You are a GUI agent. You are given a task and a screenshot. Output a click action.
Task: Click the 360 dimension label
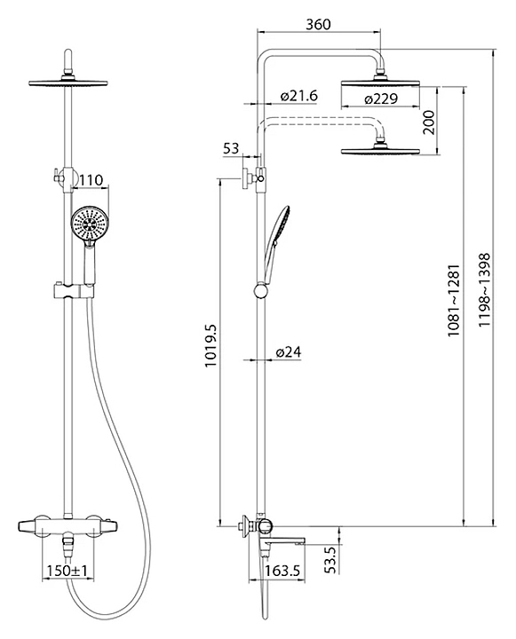coord(318,25)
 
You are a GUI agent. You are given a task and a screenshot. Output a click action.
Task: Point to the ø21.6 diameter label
coord(298,96)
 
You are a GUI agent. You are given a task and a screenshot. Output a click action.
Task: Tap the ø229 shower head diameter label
coord(381,99)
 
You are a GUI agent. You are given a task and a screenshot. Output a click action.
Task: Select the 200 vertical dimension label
coord(429,122)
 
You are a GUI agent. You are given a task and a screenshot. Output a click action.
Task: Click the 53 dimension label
coord(231,148)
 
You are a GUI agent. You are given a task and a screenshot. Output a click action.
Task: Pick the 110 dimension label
coord(91,179)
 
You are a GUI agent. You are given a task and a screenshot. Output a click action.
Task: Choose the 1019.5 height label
coord(210,346)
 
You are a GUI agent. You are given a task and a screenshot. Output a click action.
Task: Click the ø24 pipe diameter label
coord(289,351)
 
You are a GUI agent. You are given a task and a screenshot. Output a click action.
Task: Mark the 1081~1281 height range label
coord(454,300)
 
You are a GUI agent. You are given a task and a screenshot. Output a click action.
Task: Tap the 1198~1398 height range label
coord(484,289)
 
